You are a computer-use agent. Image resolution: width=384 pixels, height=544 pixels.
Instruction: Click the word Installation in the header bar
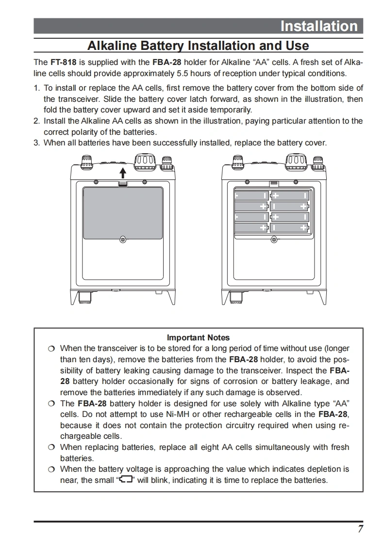(x=318, y=26)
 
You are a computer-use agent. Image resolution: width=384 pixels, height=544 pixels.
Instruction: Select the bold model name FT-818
(x=63, y=63)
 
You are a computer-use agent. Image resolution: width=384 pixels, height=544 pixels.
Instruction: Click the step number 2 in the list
(x=36, y=121)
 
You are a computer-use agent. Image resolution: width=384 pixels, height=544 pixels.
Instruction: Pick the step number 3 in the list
(x=36, y=143)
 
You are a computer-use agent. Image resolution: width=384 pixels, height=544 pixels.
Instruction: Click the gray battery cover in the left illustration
(x=123, y=212)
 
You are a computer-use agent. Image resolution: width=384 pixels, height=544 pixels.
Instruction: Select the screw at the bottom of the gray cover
(x=123, y=239)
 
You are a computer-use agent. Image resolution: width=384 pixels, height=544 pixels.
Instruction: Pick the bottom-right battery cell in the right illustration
(x=290, y=227)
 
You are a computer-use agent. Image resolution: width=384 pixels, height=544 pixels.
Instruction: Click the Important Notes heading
(x=198, y=337)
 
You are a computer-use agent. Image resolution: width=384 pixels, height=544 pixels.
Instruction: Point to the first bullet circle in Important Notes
(x=51, y=349)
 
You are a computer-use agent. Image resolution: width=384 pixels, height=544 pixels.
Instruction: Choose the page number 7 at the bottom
(x=360, y=529)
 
